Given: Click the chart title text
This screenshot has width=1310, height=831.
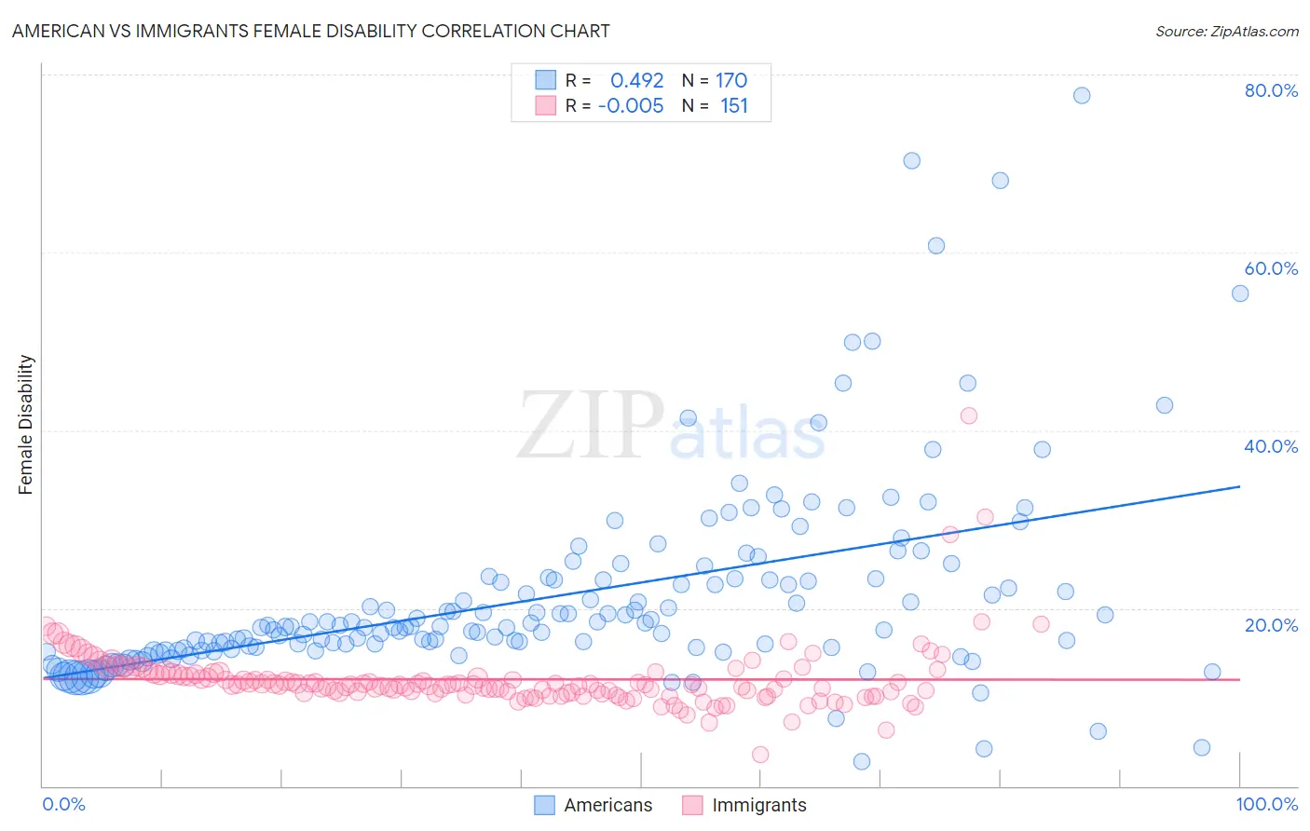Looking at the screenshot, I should [311, 31].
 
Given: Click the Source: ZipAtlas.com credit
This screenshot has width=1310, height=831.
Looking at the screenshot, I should [1226, 31].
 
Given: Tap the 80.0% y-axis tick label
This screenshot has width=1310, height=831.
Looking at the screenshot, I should [1271, 90].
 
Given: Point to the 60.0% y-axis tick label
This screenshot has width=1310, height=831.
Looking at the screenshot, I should [1271, 268].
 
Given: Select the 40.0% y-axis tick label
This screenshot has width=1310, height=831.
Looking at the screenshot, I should [1271, 446].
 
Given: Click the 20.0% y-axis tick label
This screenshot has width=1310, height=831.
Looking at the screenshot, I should [1271, 625].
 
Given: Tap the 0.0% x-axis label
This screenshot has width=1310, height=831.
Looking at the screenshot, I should [63, 804].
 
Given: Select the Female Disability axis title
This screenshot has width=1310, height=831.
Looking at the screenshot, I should [26, 424].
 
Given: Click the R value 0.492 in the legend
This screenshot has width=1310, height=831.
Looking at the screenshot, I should [637, 80].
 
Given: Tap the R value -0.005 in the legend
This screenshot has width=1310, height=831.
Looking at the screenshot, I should [631, 105].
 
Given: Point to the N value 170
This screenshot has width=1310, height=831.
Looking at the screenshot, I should [731, 80].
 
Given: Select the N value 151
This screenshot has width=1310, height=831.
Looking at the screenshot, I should [734, 105].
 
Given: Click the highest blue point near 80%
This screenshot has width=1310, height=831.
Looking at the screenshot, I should [1082, 95].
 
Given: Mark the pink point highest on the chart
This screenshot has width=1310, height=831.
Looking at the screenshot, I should [969, 415].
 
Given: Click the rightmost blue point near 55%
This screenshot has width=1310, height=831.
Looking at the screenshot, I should [1240, 293].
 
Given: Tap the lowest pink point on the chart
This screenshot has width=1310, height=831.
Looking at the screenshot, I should [760, 755].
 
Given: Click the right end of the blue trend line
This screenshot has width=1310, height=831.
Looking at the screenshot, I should [1240, 486].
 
